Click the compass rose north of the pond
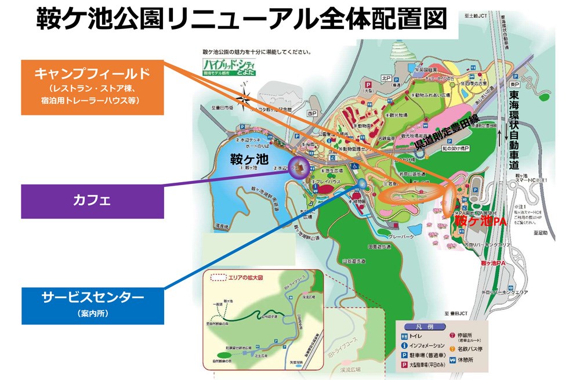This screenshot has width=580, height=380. tap(247, 98)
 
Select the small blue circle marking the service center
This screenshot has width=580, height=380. tap(362, 184)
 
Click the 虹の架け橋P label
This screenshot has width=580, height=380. tap(456, 149)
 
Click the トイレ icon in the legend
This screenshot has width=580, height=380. tap(404, 335)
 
